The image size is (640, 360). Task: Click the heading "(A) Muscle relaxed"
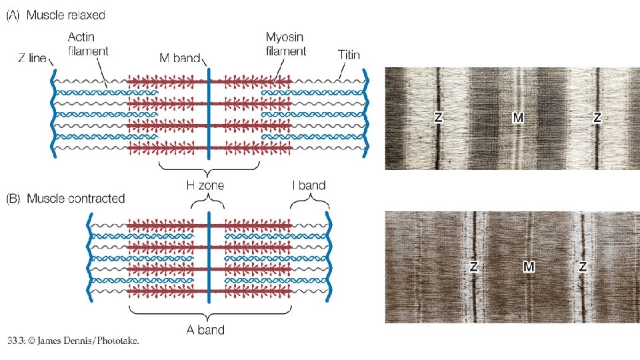[56, 15]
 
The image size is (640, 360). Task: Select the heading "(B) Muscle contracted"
[66, 199]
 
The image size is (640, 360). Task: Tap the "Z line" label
[31, 58]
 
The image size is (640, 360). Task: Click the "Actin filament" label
[88, 43]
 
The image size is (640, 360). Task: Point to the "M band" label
[180, 58]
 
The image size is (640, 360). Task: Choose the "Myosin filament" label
[286, 43]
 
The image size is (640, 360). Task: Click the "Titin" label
[349, 55]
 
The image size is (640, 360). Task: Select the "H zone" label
[205, 185]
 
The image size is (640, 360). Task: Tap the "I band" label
[308, 185]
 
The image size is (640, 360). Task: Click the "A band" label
[205, 329]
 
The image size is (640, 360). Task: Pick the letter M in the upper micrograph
[518, 118]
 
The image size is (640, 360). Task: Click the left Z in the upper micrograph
[438, 118]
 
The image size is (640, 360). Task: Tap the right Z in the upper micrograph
[597, 118]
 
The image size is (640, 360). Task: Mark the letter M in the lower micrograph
[529, 267]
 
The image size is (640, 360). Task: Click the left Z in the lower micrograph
[473, 267]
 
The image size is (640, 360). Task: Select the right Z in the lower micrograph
[583, 267]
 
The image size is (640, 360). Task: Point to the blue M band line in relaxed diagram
[209, 113]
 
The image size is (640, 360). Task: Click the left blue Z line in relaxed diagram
[53, 113]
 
